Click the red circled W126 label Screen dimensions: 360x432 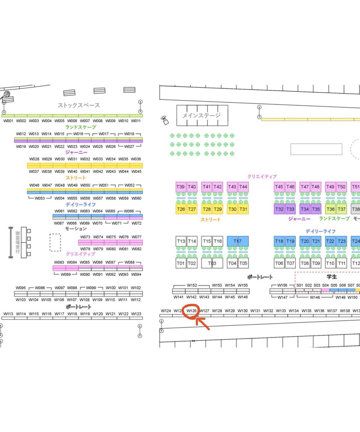(191, 310)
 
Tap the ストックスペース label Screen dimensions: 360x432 (79, 105)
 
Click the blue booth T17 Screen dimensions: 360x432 (238, 241)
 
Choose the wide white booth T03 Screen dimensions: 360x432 (212, 263)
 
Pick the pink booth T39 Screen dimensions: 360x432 (181, 187)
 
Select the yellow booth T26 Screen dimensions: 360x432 (181, 209)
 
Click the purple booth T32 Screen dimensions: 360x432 (279, 209)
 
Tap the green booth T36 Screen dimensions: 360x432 (330, 209)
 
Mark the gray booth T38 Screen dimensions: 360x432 (356, 209)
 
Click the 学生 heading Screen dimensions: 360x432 (332, 277)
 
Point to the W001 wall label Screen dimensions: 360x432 (8, 121)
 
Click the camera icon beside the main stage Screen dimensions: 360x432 (165, 120)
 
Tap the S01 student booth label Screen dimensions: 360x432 (300, 285)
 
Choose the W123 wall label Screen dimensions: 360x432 (136, 314)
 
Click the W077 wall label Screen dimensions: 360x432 (136, 237)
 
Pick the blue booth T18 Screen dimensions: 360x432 (279, 241)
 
